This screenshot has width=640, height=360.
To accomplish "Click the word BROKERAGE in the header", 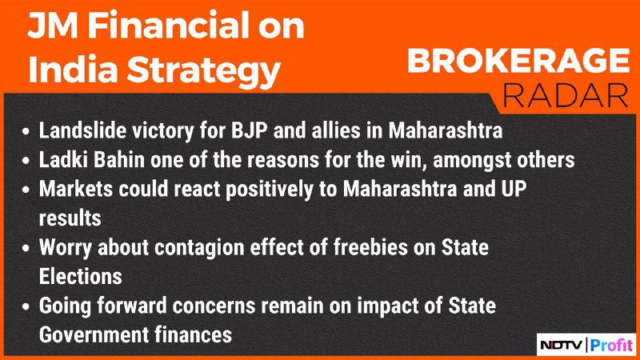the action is tap(518, 61).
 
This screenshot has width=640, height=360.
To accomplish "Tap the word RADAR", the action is tap(566, 95).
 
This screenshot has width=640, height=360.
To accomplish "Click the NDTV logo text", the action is tap(562, 346).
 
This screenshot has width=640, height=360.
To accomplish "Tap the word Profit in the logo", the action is tap(611, 346).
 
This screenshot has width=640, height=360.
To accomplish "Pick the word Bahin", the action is tap(119, 159).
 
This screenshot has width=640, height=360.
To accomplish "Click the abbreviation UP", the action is tap(514, 189).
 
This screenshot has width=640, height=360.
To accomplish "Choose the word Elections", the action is tap(81, 276).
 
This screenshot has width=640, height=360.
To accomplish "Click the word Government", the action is tap(94, 334).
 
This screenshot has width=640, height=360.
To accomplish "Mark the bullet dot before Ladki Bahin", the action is tap(26, 161).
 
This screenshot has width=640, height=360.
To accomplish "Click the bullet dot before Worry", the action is tap(26, 249).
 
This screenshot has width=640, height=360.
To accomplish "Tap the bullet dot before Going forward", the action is tap(26, 307).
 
